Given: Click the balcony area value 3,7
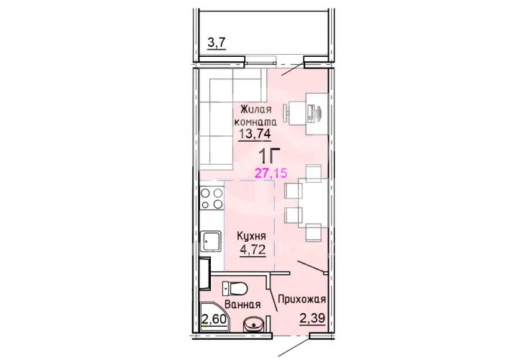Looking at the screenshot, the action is click(x=217, y=43).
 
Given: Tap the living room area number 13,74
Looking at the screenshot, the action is click(x=255, y=134).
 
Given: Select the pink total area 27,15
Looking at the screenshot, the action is click(x=271, y=173).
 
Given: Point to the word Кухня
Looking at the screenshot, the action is click(x=251, y=236).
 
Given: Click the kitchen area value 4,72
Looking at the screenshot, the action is click(x=253, y=250).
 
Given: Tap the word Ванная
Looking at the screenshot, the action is click(x=242, y=305).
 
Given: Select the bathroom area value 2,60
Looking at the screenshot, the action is click(x=214, y=318).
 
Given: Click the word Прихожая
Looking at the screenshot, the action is click(x=302, y=299).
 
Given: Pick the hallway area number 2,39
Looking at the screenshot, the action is click(x=312, y=318).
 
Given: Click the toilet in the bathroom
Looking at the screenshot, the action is click(x=235, y=288).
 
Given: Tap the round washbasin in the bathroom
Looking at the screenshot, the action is click(x=253, y=324).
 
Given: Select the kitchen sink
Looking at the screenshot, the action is click(x=211, y=241).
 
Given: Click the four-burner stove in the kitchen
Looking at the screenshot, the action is click(x=212, y=198).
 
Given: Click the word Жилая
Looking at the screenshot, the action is click(x=256, y=109).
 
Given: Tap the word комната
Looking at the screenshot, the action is click(x=255, y=122).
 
